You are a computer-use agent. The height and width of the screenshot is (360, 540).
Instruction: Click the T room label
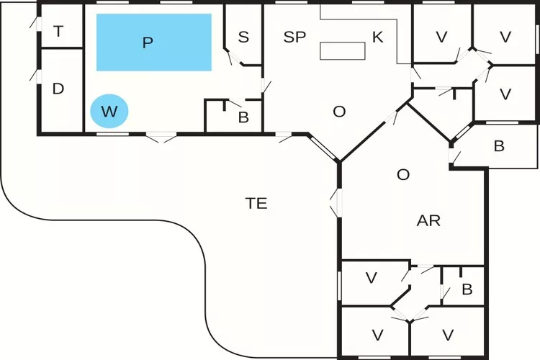58,31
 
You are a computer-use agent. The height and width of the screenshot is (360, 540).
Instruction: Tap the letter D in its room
58,89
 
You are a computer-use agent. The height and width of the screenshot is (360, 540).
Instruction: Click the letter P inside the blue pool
148,42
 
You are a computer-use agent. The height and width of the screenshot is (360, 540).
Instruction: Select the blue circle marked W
109,112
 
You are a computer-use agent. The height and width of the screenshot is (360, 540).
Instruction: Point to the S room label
243,37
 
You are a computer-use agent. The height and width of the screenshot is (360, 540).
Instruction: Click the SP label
294,37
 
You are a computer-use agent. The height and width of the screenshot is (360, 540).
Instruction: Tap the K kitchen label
377,37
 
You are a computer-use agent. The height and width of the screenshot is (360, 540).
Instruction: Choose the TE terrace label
256,204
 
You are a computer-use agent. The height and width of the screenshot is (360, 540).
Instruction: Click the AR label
428,221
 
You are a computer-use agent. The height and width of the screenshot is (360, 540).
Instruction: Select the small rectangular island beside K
342,50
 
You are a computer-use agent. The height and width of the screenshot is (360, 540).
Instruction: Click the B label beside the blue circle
243,118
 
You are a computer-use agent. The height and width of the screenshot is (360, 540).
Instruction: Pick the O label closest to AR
403,175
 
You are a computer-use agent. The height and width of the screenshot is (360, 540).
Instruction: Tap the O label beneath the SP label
339,112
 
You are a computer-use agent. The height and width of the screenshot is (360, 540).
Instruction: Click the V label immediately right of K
441,37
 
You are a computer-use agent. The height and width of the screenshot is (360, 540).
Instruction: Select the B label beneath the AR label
467,289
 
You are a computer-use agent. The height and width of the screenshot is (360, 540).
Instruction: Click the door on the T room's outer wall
34,22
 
